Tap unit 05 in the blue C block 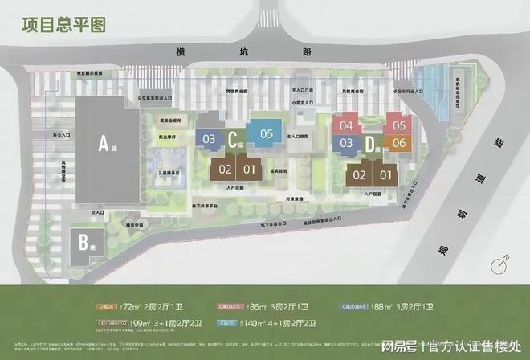[266, 134]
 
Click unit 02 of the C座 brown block [225, 169]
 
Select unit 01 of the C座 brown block [249, 169]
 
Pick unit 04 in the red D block [346, 125]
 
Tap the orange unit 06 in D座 [398, 143]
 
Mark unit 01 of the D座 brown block [385, 174]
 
